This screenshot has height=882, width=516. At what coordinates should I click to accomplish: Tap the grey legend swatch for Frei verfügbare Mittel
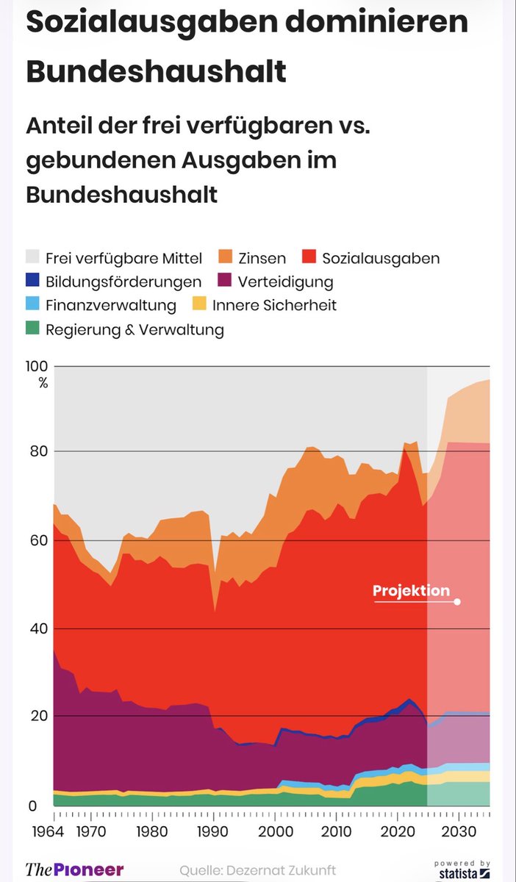tap(32, 259)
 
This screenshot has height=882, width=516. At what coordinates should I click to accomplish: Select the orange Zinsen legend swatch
tap(226, 259)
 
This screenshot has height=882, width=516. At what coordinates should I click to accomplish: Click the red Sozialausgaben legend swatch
tap(309, 259)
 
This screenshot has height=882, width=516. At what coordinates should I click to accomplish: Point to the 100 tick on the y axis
tap(37, 367)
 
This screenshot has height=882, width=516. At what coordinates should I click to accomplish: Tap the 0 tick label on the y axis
tap(32, 806)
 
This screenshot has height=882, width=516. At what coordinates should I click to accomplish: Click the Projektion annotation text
tap(410, 591)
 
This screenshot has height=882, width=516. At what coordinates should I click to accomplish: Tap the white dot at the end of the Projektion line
tap(457, 602)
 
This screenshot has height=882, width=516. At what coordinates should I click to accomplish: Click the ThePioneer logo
tap(74, 870)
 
